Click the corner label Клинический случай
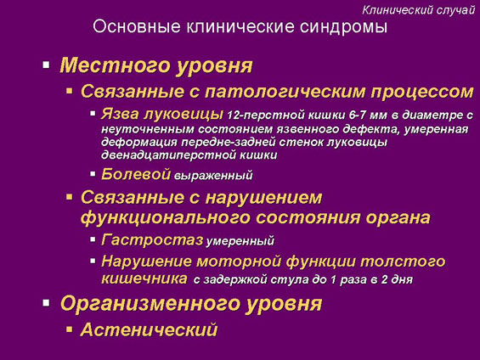pos(418,10)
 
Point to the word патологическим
pos(285,92)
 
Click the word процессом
pos(422,92)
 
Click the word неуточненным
pos(148,129)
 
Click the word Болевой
pos(136,174)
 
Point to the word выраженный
pos(213,176)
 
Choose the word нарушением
pos(263,198)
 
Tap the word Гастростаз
pos(152,239)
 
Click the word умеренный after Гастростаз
pos(240,241)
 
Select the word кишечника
pos(144,278)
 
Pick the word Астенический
pos(149,329)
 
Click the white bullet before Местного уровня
pos(46,65)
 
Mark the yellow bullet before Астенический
pos(70,329)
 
